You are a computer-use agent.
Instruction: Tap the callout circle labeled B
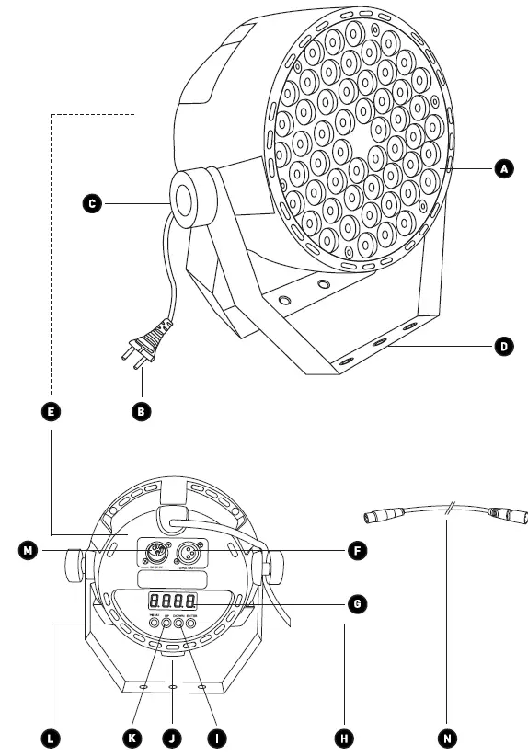point(141,412)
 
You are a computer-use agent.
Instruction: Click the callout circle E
point(52,412)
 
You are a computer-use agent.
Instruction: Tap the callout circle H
point(342,737)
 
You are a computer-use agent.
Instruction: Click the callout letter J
point(171,737)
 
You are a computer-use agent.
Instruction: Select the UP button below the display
point(167,625)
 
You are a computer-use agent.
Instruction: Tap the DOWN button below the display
point(179,625)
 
